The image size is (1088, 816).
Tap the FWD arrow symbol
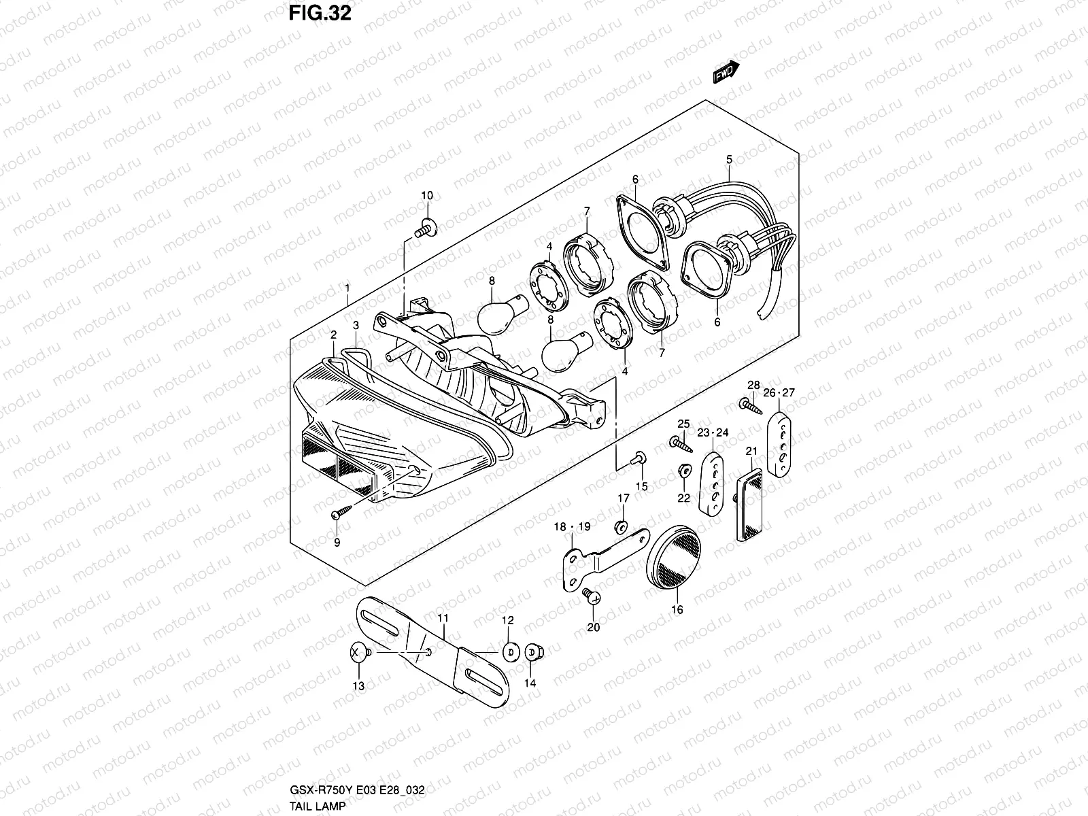726,72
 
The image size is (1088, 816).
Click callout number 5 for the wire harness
729,160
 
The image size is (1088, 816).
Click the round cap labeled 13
358,652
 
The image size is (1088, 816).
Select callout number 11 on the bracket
443,618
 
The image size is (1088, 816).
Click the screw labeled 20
592,597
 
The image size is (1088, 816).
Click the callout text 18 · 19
573,526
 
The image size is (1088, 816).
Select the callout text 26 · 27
779,392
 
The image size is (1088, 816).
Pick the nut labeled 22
683,471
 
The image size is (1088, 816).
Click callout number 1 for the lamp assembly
347,288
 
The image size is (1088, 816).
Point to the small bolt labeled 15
640,459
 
